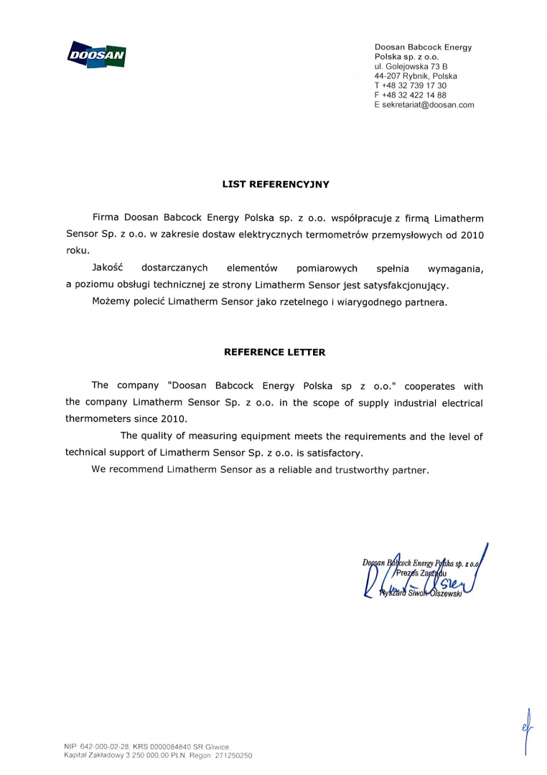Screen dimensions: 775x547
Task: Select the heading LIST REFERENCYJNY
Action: (x=275, y=184)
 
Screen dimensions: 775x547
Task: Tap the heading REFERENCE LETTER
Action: (x=274, y=352)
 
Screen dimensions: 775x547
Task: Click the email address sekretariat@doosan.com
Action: (x=429, y=105)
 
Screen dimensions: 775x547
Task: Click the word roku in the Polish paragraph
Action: (x=77, y=251)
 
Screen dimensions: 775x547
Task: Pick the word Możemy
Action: (x=111, y=303)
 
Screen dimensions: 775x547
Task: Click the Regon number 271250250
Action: (x=230, y=756)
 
